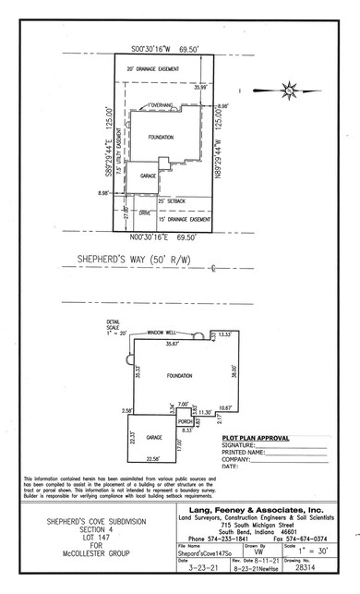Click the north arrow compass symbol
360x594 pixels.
click(289, 91)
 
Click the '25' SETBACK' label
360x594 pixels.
click(172, 200)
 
